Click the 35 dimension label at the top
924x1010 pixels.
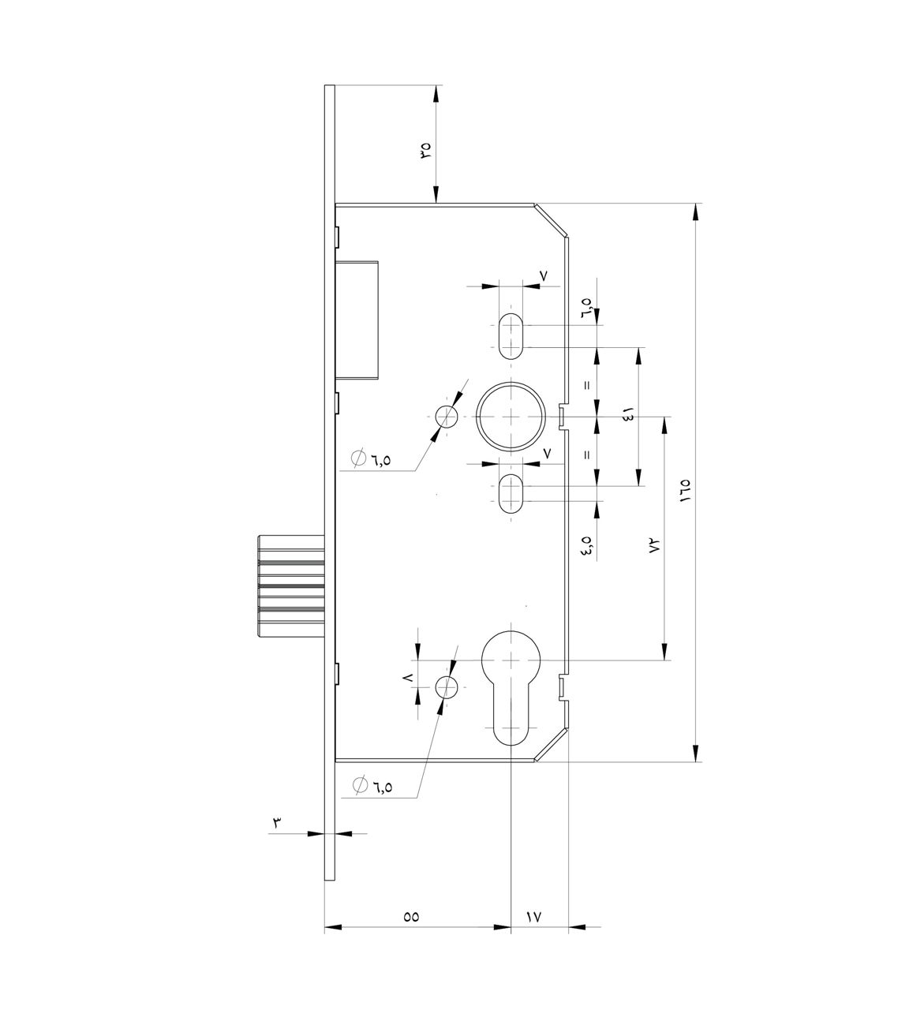click(x=425, y=149)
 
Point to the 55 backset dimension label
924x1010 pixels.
click(x=411, y=917)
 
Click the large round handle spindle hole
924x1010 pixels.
click(x=511, y=416)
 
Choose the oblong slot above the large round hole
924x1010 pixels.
click(x=511, y=335)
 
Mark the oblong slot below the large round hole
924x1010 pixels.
click(x=511, y=494)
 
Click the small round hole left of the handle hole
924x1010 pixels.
click(x=446, y=416)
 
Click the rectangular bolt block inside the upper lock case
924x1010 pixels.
click(x=359, y=320)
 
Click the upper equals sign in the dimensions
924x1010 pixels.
click(x=586, y=386)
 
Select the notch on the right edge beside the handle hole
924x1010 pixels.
click(x=563, y=416)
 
